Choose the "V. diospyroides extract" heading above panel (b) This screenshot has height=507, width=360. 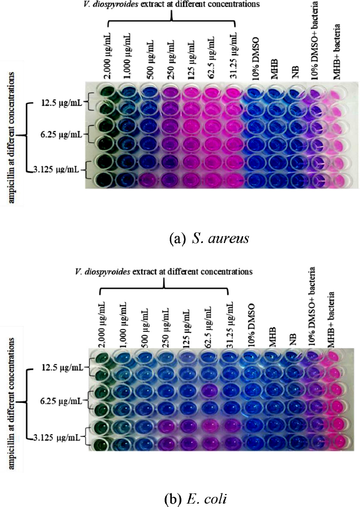pos(164,272)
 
